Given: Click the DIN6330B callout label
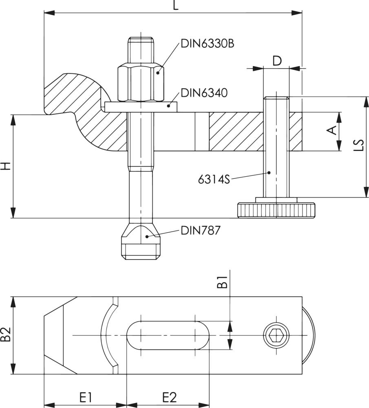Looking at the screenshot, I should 208,44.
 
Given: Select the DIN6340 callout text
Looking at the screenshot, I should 204,93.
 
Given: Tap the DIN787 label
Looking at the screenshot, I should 200,231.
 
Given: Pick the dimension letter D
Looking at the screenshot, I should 277,61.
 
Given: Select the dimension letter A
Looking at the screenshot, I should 332,131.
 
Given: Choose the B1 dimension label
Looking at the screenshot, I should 221,282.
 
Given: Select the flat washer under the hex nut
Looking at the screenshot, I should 141,106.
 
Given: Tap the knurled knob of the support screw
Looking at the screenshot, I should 276,210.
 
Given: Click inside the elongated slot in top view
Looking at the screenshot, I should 168,335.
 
